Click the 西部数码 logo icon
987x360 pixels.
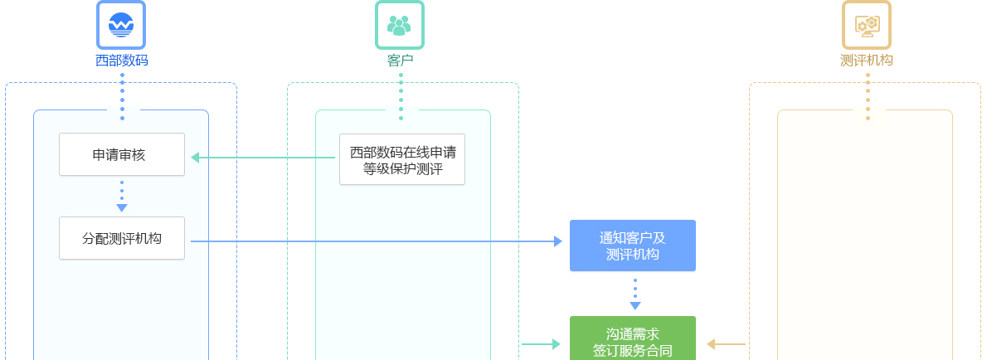121,25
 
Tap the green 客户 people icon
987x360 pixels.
400,25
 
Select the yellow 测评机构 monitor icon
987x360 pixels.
867,25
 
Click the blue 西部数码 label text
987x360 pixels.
121,61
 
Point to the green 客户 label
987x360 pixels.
400,61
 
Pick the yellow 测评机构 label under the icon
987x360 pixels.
867,61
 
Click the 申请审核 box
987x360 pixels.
121,154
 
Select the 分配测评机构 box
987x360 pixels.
121,238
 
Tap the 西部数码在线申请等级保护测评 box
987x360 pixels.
402,160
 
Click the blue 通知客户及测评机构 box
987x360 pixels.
632,246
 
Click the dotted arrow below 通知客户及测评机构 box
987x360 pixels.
635,294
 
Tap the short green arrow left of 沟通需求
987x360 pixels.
542,344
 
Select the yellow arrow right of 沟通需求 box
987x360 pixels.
726,344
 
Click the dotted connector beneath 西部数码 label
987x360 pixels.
122,96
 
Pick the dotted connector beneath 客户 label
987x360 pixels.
401,96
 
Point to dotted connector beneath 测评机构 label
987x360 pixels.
868,96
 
